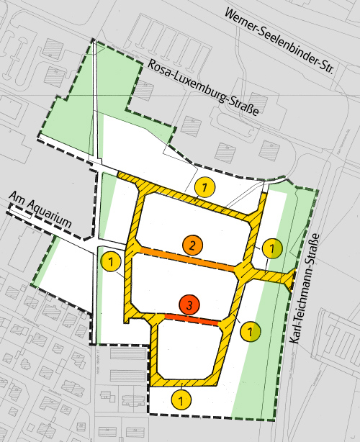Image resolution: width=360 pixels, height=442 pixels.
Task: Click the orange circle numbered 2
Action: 192,245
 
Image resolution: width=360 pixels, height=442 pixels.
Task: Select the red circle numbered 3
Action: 189,305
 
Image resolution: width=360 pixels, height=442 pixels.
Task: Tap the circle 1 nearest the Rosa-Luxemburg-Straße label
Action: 205,189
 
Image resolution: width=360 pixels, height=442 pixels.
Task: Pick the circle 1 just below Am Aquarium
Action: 111,261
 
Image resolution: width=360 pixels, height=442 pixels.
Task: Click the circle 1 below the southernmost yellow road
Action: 182,397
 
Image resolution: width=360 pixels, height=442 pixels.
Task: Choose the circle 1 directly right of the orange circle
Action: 271,249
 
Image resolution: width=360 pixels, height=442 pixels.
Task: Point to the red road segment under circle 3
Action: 192,318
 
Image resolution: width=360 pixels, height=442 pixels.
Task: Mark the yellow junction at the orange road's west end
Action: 132,248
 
